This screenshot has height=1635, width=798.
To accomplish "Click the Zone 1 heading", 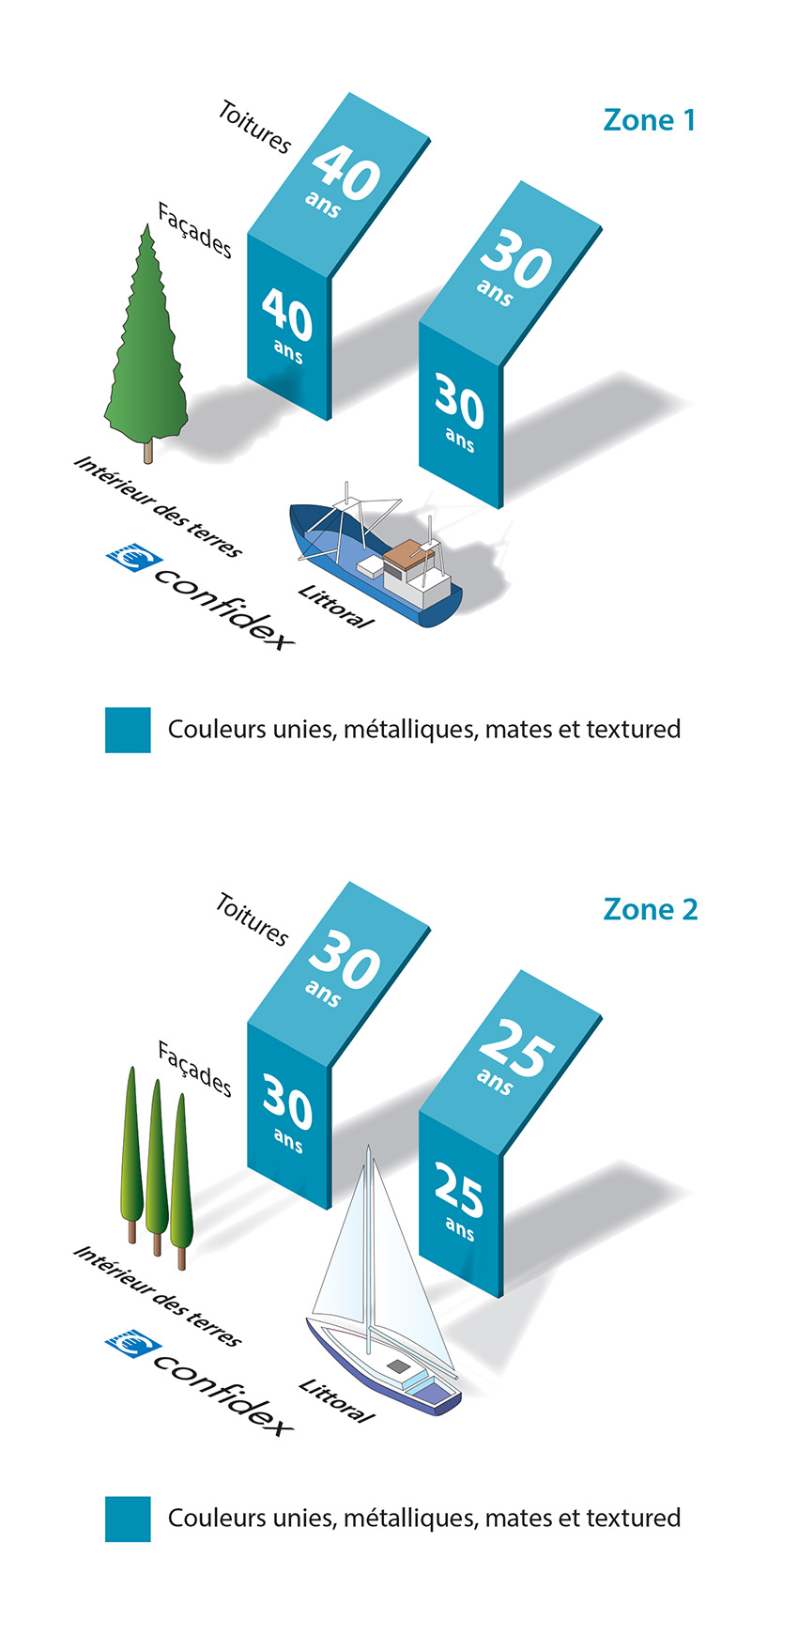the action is [650, 120].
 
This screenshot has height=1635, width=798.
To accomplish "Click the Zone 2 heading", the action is [651, 909].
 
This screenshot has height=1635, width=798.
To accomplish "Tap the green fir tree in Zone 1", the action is [146, 343].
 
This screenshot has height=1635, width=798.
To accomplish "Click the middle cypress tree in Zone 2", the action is [156, 1165].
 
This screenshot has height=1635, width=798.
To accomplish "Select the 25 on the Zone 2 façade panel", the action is [459, 1189].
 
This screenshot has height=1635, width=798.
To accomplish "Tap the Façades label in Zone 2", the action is [194, 1069].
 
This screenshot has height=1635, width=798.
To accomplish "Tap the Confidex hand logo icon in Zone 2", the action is [134, 1344].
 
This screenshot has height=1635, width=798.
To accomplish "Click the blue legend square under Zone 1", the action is [128, 730].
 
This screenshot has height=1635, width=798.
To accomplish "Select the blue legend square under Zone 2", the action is [128, 1519].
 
